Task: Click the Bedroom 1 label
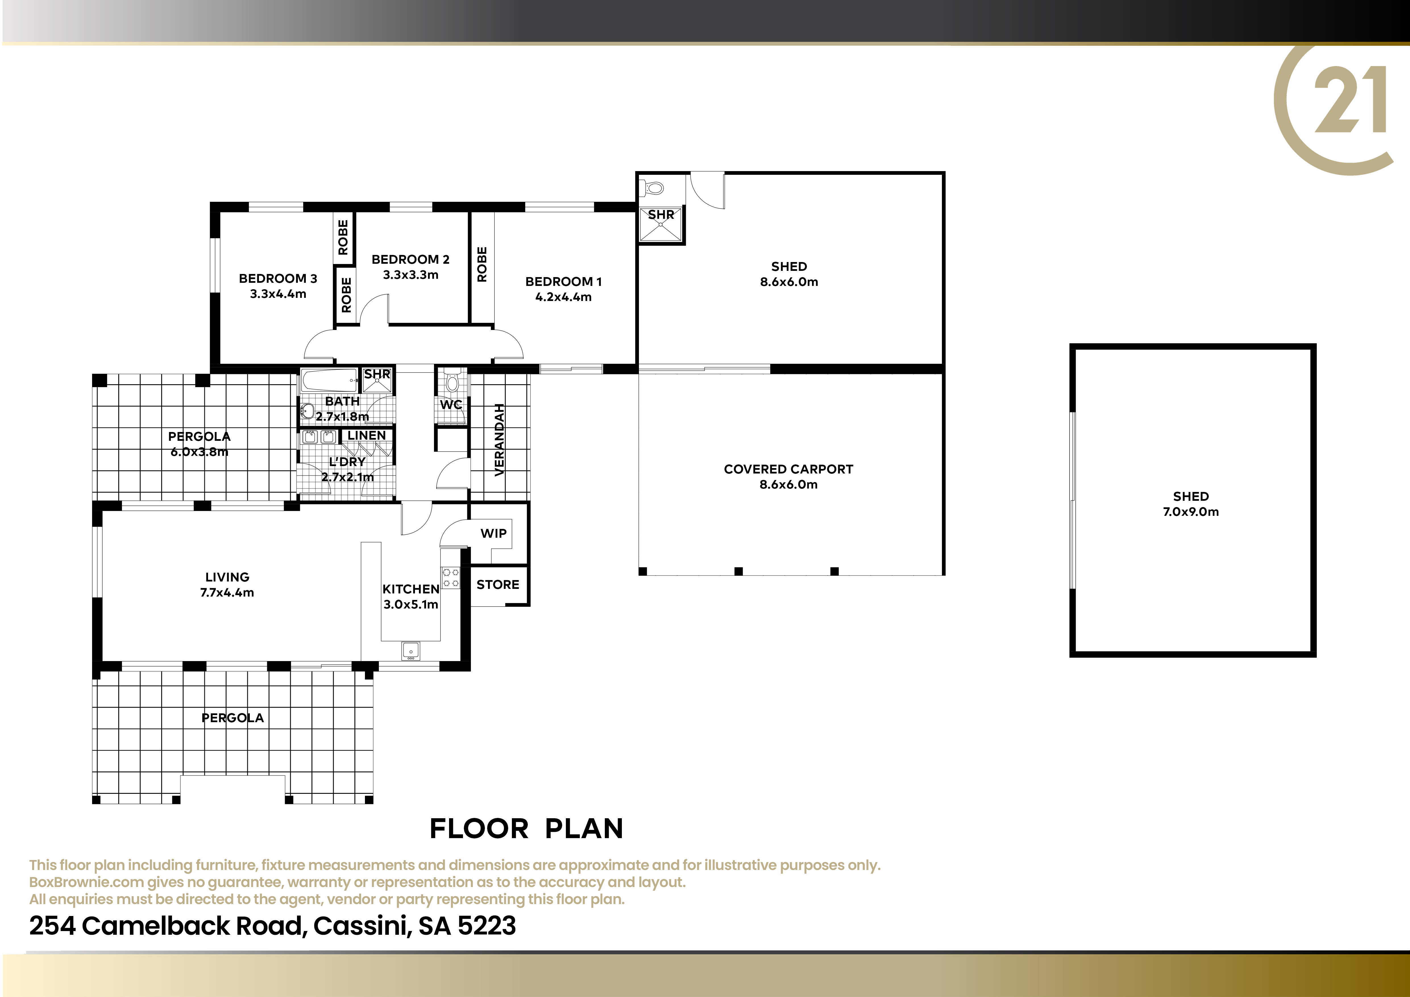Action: pos(563,282)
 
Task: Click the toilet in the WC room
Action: pos(452,381)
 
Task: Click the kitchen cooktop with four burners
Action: pos(451,578)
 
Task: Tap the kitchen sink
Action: pos(410,650)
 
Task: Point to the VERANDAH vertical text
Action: pos(499,440)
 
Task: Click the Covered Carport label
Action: pos(788,469)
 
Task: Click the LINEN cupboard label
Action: pos(367,435)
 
